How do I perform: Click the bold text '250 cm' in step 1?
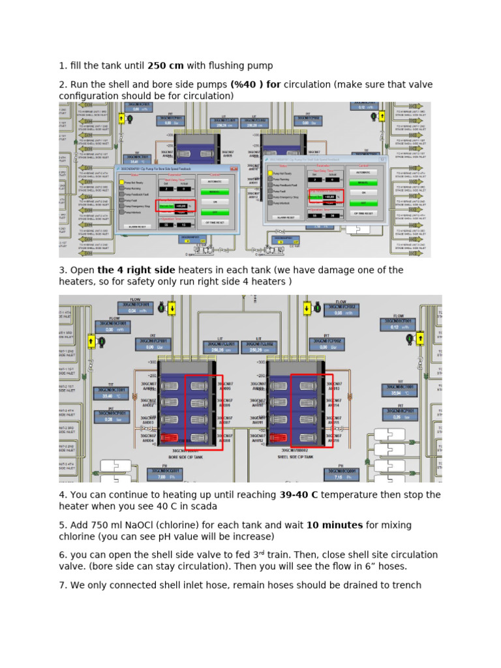pos(166,65)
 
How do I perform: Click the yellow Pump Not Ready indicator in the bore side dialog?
pos(121,182)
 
